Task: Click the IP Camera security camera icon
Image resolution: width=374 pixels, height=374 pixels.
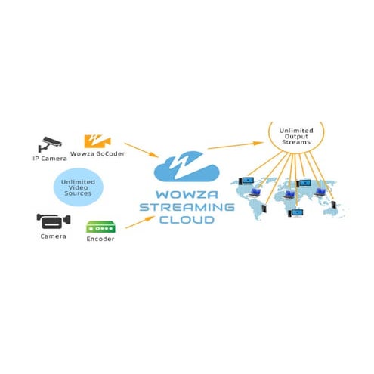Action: tap(50, 144)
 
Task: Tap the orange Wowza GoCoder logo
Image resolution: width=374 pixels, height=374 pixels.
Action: tap(97, 141)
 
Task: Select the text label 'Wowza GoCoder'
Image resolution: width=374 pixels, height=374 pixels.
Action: tap(97, 153)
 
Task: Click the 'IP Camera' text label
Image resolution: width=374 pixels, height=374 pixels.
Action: tap(50, 159)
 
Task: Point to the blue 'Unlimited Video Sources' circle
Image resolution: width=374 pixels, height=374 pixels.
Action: tap(79, 187)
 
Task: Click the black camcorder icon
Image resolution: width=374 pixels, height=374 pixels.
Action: tap(54, 221)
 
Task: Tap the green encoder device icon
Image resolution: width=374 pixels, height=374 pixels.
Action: tap(100, 227)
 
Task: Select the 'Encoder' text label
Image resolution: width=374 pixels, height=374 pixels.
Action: tap(100, 239)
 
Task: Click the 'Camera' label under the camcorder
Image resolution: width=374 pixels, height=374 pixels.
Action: tap(54, 236)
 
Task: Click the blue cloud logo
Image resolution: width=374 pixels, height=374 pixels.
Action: tap(187, 167)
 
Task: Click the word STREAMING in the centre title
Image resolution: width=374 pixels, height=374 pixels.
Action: tap(187, 207)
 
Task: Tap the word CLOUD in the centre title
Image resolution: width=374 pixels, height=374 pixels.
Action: tap(187, 220)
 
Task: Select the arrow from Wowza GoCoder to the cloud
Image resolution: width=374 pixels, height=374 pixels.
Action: tap(141, 150)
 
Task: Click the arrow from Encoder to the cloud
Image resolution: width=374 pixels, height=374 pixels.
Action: tap(140, 222)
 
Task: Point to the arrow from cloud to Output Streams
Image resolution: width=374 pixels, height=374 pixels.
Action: tap(236, 146)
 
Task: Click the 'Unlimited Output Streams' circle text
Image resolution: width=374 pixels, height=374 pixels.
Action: tap(296, 136)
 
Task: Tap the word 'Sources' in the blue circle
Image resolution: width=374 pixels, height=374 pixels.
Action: tap(78, 193)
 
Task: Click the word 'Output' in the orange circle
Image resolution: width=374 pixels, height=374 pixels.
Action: tap(296, 136)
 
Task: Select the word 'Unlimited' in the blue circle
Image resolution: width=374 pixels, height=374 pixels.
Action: tap(78, 182)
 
